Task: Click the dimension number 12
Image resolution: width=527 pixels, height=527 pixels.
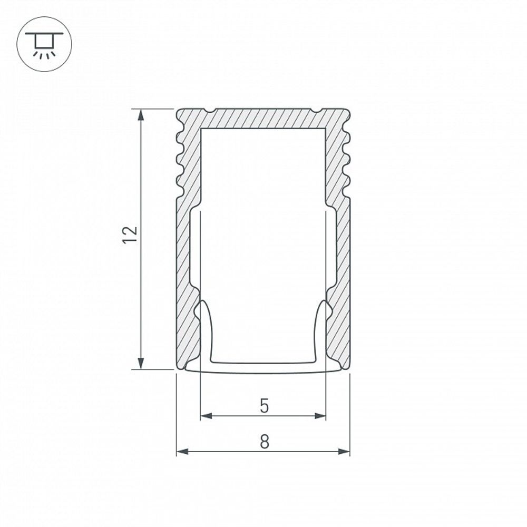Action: coord(130,233)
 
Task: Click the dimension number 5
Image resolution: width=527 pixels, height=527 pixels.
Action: coord(264,406)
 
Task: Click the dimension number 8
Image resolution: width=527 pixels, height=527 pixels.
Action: coord(264,442)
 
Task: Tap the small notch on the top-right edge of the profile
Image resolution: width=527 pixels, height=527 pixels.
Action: coord(316,111)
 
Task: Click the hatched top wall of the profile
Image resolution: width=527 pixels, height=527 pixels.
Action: coord(263,118)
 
